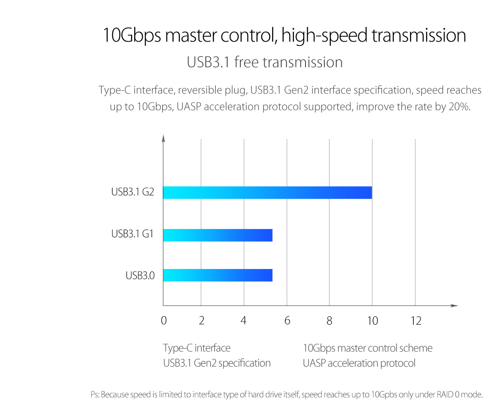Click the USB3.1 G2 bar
(268, 192)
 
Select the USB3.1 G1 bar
(218, 235)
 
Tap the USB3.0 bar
(218, 275)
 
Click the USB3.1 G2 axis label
(133, 192)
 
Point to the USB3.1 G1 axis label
(133, 234)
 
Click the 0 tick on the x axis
(164, 321)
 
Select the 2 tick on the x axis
(201, 321)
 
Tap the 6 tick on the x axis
(287, 321)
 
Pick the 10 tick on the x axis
(372, 321)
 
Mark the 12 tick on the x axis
(416, 321)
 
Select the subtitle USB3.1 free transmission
(265, 62)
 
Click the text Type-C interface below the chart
(197, 348)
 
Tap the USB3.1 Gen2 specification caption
(217, 363)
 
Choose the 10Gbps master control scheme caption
(368, 348)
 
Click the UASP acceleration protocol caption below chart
(359, 363)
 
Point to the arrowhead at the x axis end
(454, 306)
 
